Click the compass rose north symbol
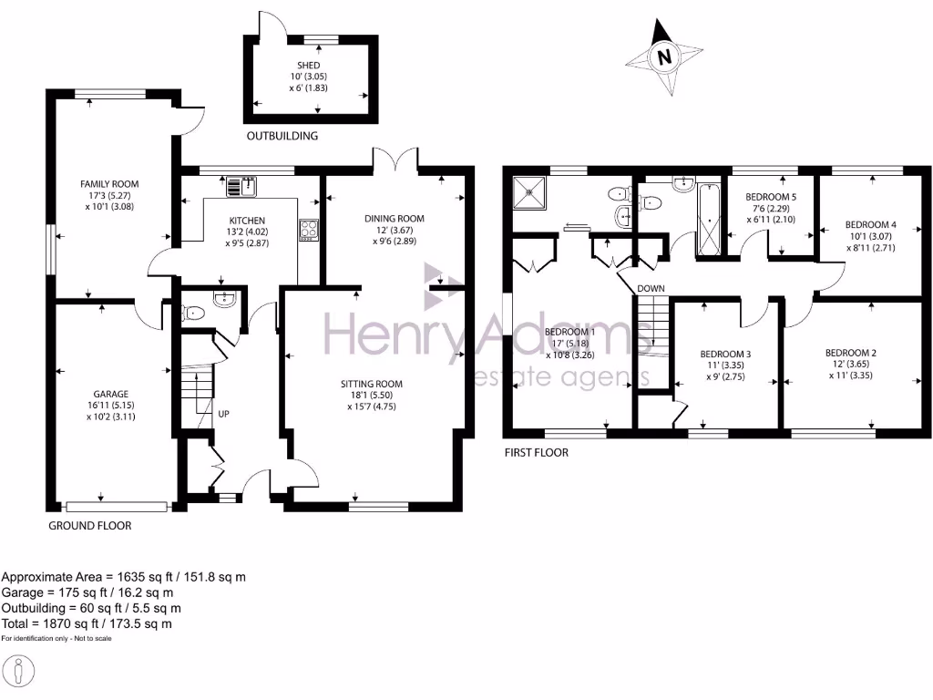pos(664,57)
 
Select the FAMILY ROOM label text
pos(108,184)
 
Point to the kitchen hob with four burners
pos(309,230)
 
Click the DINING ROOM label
pos(395,219)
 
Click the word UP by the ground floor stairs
pos(223,414)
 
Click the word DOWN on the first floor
pos(651,289)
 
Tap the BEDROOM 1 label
pos(566,332)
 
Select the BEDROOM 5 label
pos(771,197)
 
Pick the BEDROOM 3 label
pos(725,354)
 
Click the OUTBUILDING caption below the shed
pos(282,137)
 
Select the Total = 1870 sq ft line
pos(87,624)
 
